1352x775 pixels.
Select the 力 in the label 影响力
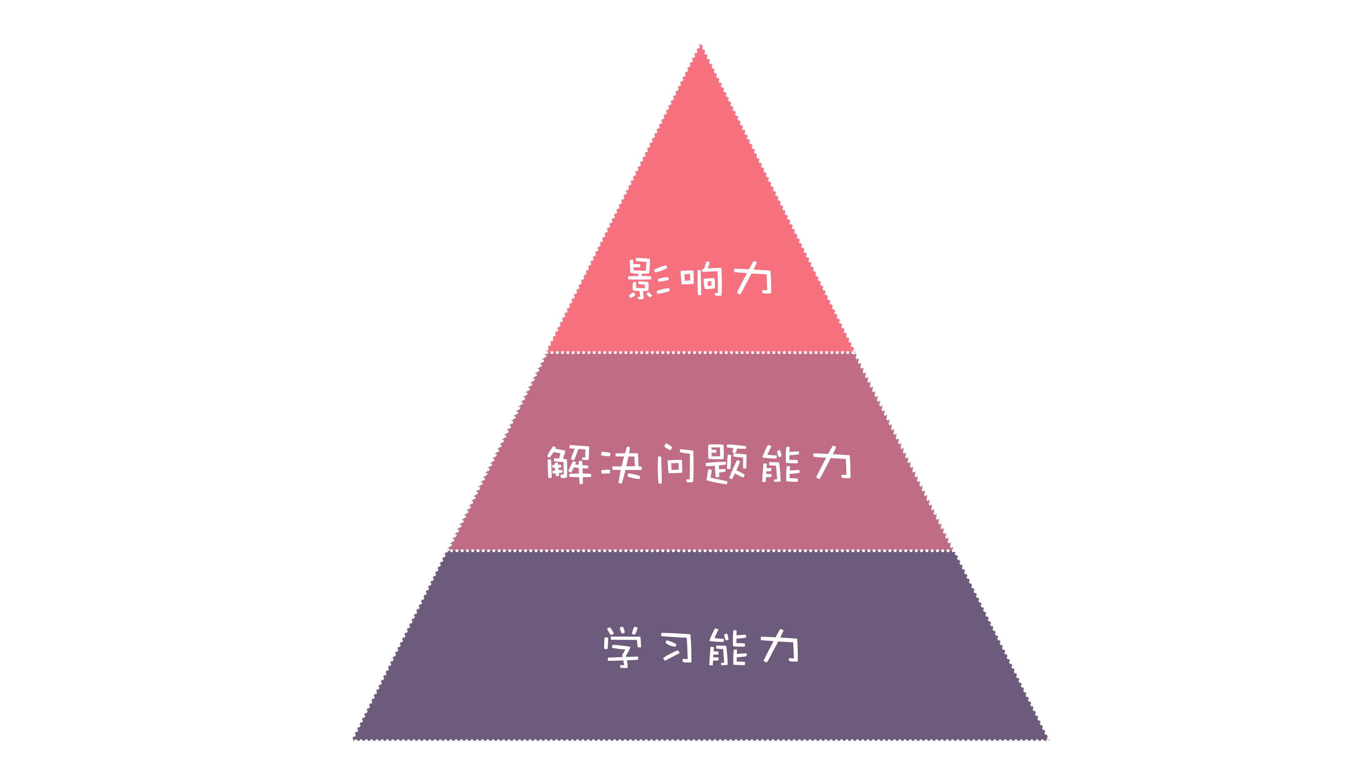(x=753, y=278)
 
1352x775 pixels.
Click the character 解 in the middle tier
(x=568, y=464)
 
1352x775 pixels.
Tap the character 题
(x=726, y=464)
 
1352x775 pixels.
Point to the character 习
(x=676, y=647)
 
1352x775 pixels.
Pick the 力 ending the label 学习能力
(x=780, y=646)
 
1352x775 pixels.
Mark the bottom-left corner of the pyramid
(x=354, y=739)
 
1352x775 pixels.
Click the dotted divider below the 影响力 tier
(x=701, y=353)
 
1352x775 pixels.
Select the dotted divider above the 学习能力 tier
(x=701, y=551)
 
